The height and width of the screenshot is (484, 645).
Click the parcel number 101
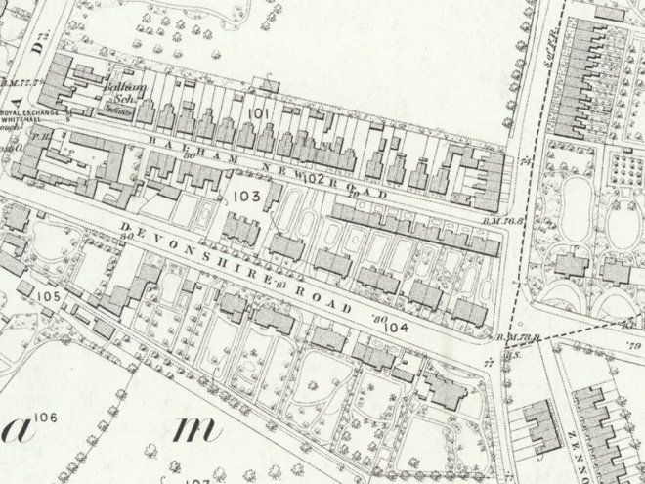(258, 114)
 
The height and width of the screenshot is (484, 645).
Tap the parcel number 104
(396, 329)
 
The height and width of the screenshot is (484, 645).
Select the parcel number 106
(46, 418)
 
